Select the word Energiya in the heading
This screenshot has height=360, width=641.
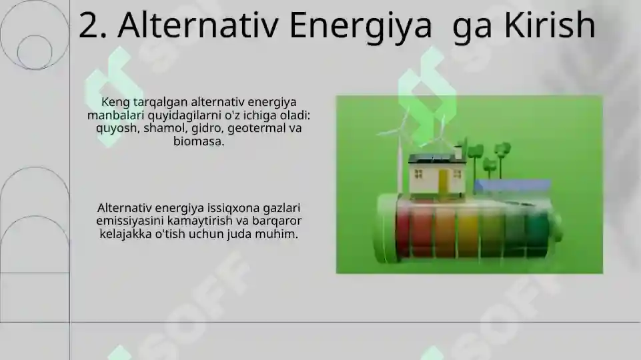point(360,27)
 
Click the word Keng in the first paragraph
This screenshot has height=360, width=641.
point(114,103)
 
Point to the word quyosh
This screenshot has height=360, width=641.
point(115,127)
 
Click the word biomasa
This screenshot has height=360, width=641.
point(197,141)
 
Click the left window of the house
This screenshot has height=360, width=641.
point(419,173)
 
